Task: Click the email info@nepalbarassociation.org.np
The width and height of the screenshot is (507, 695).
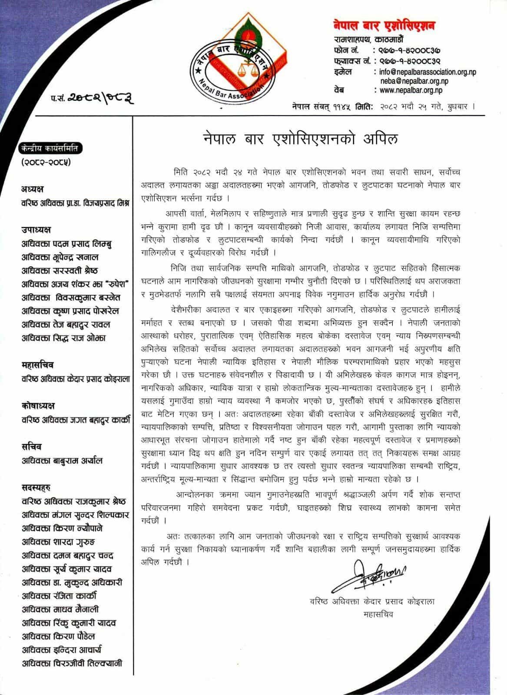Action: [425, 72]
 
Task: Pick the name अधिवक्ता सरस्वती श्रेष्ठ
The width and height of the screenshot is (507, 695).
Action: [60, 271]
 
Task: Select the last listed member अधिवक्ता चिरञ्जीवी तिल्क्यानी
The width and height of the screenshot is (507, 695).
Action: [72, 663]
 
